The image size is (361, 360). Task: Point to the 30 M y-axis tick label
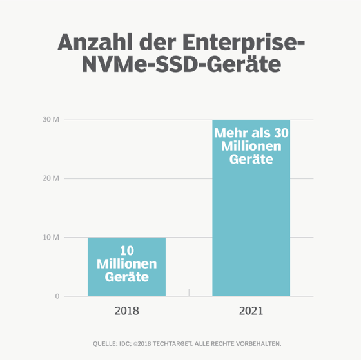click(x=52, y=120)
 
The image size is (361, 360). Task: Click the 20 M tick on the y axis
click(x=52, y=178)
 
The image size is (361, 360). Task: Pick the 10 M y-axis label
click(x=52, y=238)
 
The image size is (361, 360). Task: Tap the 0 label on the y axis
click(x=57, y=296)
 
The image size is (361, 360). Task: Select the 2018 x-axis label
click(x=126, y=311)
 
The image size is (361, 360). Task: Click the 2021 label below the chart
click(x=251, y=311)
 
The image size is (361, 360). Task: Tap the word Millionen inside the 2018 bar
click(x=127, y=264)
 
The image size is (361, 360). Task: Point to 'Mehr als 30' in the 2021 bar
click(x=251, y=134)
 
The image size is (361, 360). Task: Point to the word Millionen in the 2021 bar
click(x=251, y=147)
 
